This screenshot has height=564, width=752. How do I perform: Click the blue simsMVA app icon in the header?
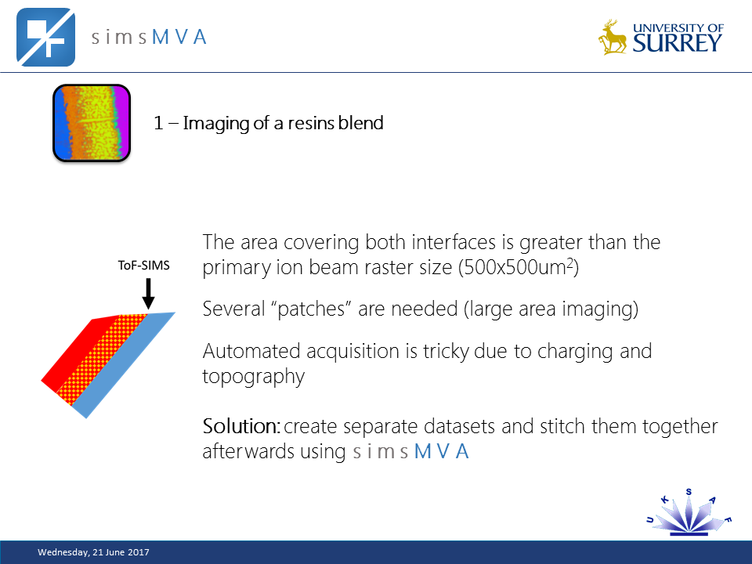pos(46,37)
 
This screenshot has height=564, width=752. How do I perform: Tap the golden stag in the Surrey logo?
pos(613,38)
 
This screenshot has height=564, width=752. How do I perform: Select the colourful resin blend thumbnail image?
pos(91,123)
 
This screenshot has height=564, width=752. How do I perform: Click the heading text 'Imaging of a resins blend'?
pos(282,123)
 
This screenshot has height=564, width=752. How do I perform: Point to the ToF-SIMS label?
pos(143,266)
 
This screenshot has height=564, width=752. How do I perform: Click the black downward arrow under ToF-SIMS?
pos(149,295)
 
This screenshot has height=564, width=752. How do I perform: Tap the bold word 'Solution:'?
pos(241,427)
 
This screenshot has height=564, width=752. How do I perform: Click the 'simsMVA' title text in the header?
pos(149,37)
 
